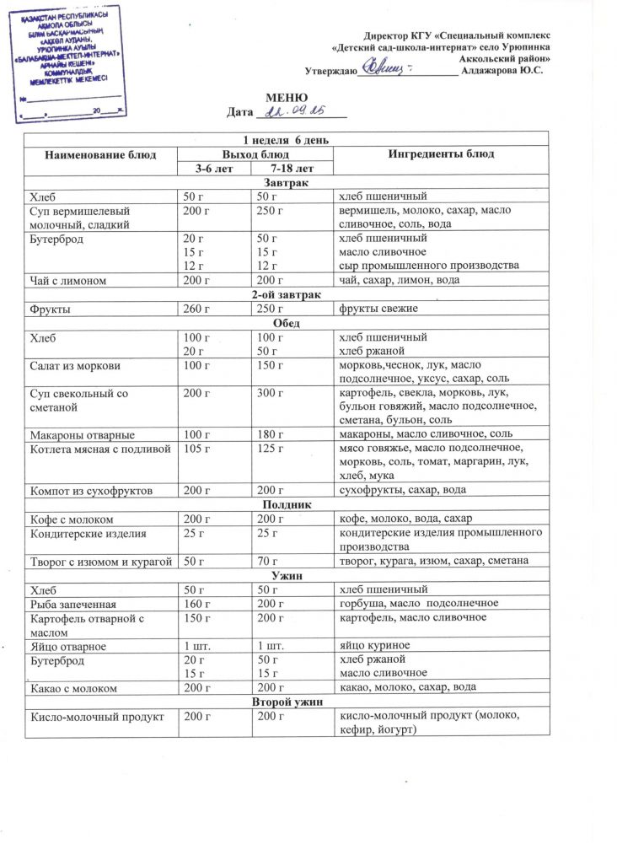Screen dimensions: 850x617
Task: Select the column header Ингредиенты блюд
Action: click(x=441, y=154)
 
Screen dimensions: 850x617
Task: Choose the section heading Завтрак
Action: click(x=287, y=183)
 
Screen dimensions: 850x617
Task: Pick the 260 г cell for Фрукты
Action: click(x=196, y=309)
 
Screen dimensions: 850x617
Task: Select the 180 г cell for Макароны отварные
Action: click(x=271, y=434)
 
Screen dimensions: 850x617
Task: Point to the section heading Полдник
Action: click(x=287, y=504)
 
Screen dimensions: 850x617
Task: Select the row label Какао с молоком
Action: click(x=74, y=687)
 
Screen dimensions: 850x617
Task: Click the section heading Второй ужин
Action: click(x=287, y=702)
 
